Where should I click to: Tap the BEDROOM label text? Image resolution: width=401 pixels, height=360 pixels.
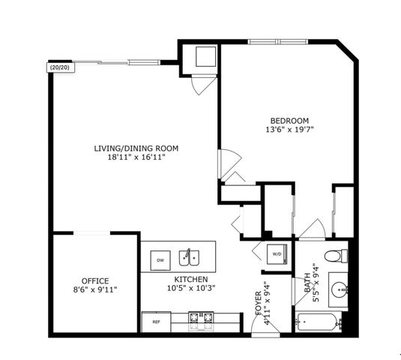(x=289, y=120)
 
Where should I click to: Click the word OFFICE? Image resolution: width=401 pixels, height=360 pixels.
(x=95, y=280)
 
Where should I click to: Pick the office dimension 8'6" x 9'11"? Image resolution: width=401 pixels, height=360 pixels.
(x=95, y=289)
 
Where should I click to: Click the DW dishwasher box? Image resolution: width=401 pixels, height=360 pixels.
(x=160, y=260)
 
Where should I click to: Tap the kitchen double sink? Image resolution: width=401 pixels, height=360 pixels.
(x=189, y=259)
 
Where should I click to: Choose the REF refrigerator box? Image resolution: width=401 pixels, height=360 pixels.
(x=156, y=322)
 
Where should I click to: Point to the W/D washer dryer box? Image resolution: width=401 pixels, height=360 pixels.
(x=276, y=254)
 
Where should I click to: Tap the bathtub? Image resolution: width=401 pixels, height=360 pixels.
(x=318, y=323)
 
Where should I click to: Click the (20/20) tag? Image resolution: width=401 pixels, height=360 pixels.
(x=59, y=67)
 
